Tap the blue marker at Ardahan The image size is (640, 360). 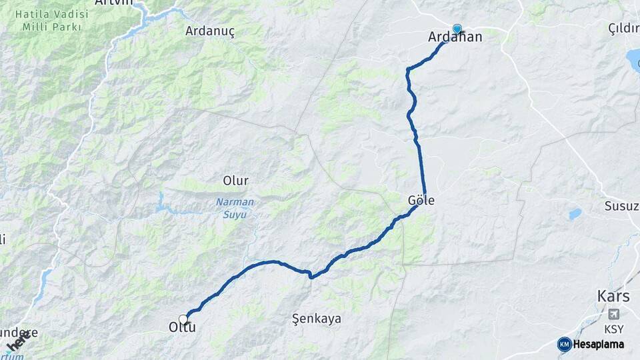click(x=457, y=29)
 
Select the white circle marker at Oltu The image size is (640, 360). click(x=183, y=319)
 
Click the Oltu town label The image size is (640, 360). click(x=181, y=327)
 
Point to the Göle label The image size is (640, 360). click(x=421, y=199)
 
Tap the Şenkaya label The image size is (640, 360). click(x=317, y=319)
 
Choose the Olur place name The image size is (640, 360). click(x=235, y=181)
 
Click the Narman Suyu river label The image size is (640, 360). click(x=231, y=208)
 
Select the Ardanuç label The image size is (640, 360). click(x=210, y=31)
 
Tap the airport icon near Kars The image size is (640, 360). click(x=613, y=313)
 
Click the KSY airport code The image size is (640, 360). click(x=613, y=329)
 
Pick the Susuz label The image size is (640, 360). click(x=621, y=205)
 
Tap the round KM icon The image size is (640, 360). click(x=564, y=344)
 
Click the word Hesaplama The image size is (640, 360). click(x=599, y=344)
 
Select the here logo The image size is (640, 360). click(x=18, y=341)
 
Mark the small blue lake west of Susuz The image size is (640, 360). click(x=574, y=214)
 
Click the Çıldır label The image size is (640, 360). click(x=623, y=27)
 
